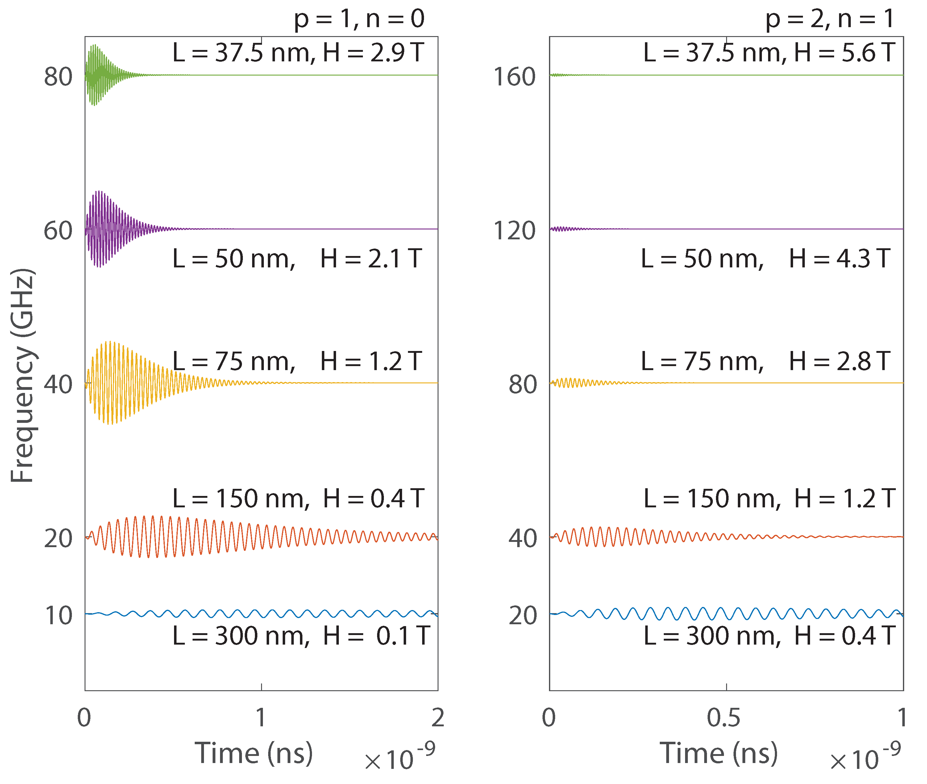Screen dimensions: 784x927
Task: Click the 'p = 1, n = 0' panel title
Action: click(x=359, y=19)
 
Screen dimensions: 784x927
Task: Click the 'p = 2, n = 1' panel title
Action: click(x=829, y=19)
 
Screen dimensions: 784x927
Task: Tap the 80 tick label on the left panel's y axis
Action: click(x=58, y=76)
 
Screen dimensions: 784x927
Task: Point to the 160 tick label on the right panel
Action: click(x=514, y=76)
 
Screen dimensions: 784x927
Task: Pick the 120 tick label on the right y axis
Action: click(x=514, y=231)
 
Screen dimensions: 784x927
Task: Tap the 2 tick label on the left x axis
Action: click(x=438, y=717)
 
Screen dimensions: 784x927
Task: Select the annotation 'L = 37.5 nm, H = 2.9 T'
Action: click(x=298, y=52)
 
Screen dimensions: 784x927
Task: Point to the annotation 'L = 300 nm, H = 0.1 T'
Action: click(x=301, y=636)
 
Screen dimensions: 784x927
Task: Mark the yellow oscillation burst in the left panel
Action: click(x=111, y=382)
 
